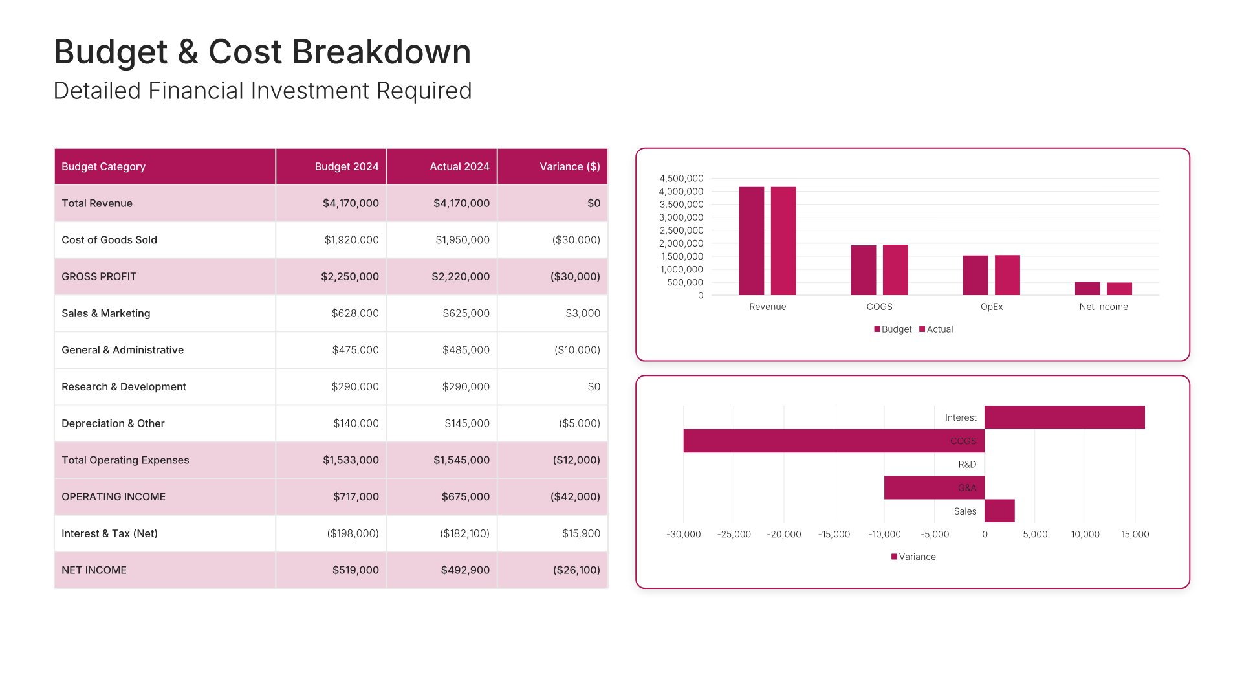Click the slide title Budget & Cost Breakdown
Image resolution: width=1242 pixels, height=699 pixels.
coord(262,52)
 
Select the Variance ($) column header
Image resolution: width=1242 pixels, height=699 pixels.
coord(569,166)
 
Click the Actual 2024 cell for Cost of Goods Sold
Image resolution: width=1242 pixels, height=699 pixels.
coord(462,240)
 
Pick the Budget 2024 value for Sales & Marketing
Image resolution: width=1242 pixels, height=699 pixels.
coord(354,313)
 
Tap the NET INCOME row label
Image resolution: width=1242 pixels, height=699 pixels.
coord(94,570)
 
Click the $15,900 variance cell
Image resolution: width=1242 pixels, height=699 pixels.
coord(580,533)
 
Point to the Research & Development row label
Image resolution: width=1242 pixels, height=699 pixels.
coord(124,387)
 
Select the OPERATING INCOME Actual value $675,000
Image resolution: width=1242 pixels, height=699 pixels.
coord(464,497)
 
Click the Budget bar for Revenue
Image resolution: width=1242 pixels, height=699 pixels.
coord(751,241)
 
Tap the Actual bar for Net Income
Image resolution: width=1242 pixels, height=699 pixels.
coord(1119,289)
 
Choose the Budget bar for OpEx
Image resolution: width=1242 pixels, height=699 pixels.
coord(975,275)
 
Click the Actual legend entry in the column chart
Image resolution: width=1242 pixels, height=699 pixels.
coord(936,329)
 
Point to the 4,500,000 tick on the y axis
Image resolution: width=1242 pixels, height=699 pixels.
coord(681,179)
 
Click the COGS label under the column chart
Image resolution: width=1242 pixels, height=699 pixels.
coord(879,307)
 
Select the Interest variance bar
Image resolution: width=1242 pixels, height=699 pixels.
coord(1064,417)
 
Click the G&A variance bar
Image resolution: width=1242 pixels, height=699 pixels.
coord(933,488)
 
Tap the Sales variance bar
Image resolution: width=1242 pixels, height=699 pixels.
coord(999,511)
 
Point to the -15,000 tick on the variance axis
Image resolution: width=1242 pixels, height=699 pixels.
coord(834,535)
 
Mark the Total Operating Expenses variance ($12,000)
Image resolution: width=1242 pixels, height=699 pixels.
coord(576,460)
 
